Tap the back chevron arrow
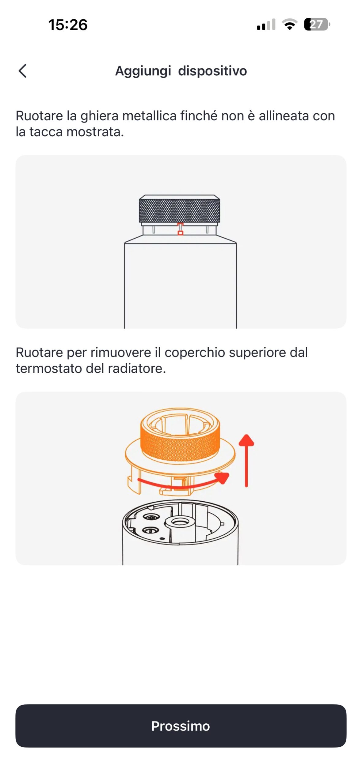[x=23, y=71]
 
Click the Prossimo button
[x=181, y=726]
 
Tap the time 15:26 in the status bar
[x=68, y=25]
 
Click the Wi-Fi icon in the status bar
[x=289, y=24]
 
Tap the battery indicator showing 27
[x=317, y=24]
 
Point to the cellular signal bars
[x=266, y=24]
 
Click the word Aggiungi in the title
[x=143, y=71]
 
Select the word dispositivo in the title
[x=212, y=71]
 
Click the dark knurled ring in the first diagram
[x=179, y=210]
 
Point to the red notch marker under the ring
[x=181, y=229]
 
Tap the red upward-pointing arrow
[x=246, y=460]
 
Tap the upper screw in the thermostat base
[x=151, y=518]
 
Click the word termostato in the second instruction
[x=49, y=368]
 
